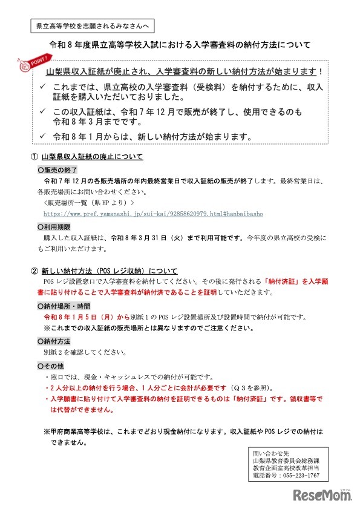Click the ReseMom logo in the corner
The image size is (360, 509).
coord(322,495)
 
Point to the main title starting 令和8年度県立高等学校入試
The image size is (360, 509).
coord(180,45)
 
